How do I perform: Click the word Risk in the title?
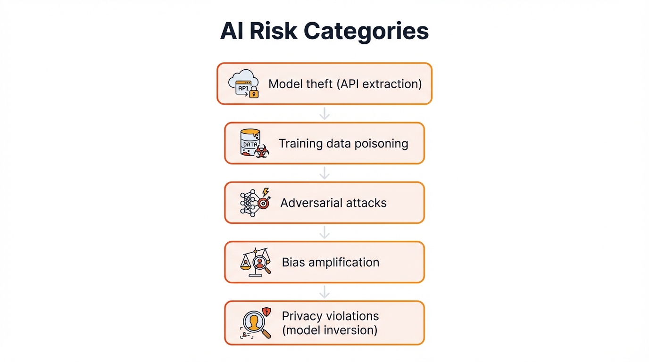pos(273,32)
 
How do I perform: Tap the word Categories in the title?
pos(366,32)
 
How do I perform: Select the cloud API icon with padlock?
pos(243,83)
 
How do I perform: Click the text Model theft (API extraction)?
pos(345,84)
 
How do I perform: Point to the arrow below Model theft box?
pos(324,113)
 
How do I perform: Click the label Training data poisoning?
pos(343,143)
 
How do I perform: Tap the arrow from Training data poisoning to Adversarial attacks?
pos(324,173)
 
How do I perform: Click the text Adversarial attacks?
pos(333,203)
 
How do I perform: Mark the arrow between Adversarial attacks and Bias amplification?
pos(324,232)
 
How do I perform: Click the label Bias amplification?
pos(331,262)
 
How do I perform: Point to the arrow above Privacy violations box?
pos(324,292)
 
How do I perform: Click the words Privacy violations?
pos(330,316)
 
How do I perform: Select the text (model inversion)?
pos(330,330)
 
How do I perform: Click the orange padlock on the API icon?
pos(254,93)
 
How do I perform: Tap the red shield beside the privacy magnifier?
pos(267,312)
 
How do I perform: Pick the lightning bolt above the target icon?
pos(266,192)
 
